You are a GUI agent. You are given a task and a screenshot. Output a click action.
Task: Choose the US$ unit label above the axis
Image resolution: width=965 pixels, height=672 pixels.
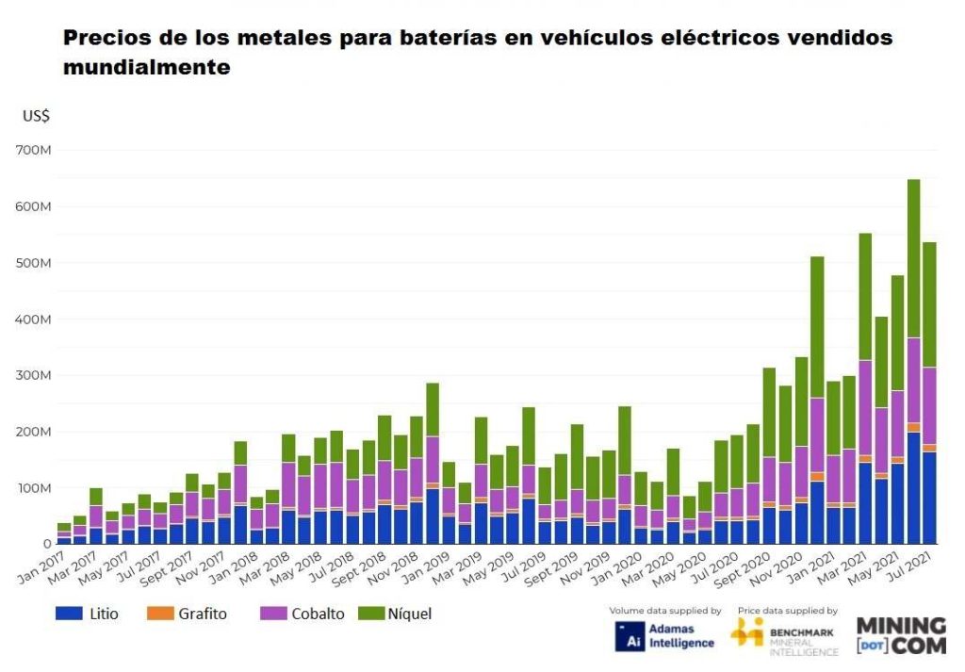click(x=36, y=116)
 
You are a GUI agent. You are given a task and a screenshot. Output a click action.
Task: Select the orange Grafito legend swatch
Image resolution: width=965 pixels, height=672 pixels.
click(x=158, y=614)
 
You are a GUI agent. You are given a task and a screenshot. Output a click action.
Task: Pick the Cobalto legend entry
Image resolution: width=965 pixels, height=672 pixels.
click(x=311, y=614)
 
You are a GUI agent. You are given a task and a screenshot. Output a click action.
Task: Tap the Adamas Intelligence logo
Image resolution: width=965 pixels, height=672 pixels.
click(x=664, y=636)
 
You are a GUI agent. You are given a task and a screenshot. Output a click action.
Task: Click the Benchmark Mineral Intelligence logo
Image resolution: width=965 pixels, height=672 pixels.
click(x=784, y=636)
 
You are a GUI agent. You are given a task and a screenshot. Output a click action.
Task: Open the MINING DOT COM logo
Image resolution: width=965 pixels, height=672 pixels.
click(x=900, y=636)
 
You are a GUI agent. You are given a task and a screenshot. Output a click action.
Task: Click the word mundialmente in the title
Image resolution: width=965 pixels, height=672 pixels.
click(x=147, y=68)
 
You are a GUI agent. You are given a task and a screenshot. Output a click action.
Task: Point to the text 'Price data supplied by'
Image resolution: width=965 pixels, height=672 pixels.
click(x=787, y=611)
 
